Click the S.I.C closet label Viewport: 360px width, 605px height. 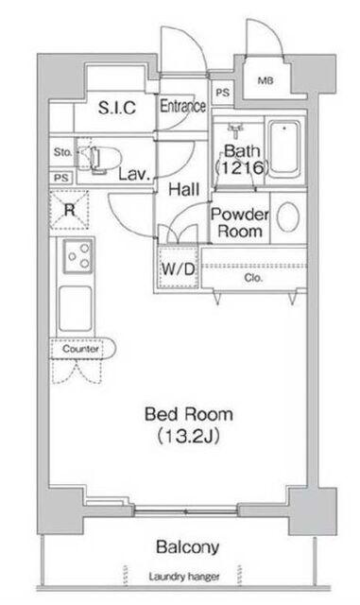click(x=117, y=108)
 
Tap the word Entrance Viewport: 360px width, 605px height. click(x=183, y=106)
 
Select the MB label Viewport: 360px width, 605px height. click(x=266, y=80)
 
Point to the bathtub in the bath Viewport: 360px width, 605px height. click(x=284, y=149)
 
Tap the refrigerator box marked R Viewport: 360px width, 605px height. click(x=70, y=210)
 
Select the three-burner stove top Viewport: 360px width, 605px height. click(x=77, y=256)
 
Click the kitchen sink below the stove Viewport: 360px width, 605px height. click(x=76, y=309)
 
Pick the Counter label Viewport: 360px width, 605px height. click(x=80, y=349)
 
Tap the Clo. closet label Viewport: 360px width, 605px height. click(x=253, y=277)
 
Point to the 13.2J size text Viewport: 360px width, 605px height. click(x=189, y=437)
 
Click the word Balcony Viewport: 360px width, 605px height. click(x=188, y=546)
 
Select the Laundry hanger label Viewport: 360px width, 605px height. click(x=184, y=577)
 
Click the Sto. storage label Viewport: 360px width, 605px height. click(x=63, y=152)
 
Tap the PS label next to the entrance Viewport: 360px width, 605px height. click(x=222, y=93)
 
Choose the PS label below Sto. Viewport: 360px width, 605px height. click(x=61, y=178)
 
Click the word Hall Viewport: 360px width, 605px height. click(x=184, y=189)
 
